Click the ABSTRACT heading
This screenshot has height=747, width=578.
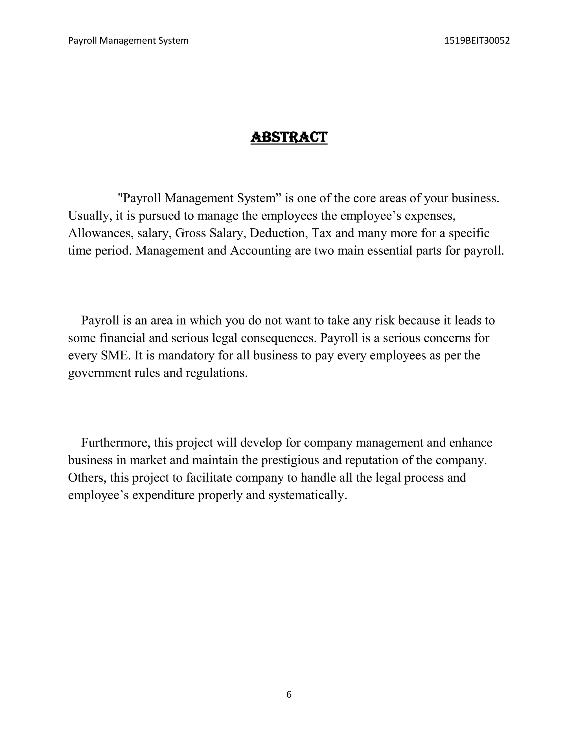click(x=289, y=137)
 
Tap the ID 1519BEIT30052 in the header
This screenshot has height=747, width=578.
click(x=477, y=41)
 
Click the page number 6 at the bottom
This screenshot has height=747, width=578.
click(x=289, y=694)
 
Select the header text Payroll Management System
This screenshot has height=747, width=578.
click(x=128, y=41)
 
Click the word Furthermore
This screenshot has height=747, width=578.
click(x=116, y=443)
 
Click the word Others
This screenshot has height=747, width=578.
click(x=87, y=478)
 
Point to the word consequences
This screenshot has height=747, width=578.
click(x=279, y=338)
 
